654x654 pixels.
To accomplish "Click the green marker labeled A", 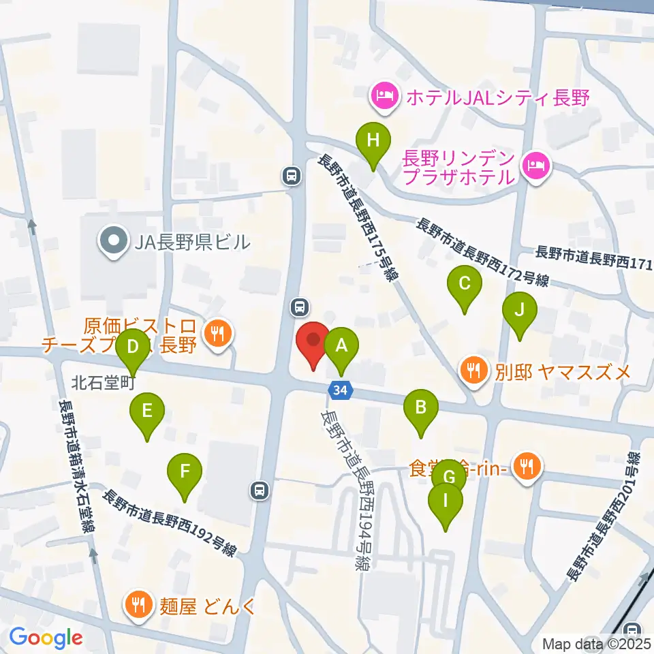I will pyautogui.click(x=342, y=346).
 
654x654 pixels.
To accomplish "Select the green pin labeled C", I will pyautogui.click(x=465, y=283).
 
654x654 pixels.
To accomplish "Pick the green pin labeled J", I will pyautogui.click(x=520, y=311).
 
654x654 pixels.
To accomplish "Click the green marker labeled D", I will pyautogui.click(x=133, y=347).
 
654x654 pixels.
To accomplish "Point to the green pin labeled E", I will pyautogui.click(x=147, y=411).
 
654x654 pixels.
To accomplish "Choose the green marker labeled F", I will pyautogui.click(x=185, y=471).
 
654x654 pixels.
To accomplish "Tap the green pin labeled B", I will pyautogui.click(x=421, y=409).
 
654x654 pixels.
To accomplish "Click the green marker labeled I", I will pyautogui.click(x=446, y=502).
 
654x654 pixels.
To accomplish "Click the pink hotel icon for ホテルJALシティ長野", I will pyautogui.click(x=385, y=97).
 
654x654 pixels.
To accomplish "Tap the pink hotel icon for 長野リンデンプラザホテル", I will pyautogui.click(x=536, y=166).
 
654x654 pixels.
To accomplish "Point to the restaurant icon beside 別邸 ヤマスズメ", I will pyautogui.click(x=476, y=371).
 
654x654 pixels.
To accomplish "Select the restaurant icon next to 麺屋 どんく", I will pyautogui.click(x=139, y=604).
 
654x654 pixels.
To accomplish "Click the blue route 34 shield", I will pyautogui.click(x=341, y=390).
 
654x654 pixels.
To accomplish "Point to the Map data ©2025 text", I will pyautogui.click(x=597, y=644).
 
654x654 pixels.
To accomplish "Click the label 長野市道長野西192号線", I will pyautogui.click(x=172, y=523).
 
